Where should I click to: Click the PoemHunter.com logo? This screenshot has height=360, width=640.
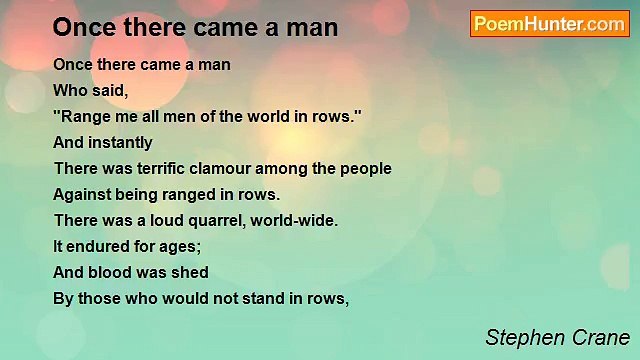coord(549,24)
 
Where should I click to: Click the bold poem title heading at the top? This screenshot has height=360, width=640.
coord(195,28)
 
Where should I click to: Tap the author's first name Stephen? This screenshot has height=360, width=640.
coord(517,336)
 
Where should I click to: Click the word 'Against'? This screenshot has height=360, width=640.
coord(82,195)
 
